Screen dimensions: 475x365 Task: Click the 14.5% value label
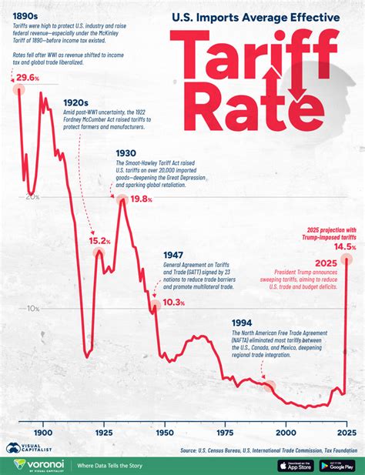click(x=345, y=247)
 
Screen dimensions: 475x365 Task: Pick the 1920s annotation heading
click(x=77, y=102)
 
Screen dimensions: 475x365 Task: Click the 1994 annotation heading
click(x=242, y=323)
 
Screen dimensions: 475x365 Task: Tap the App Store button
click(x=294, y=465)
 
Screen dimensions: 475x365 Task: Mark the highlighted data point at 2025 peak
click(x=347, y=259)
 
